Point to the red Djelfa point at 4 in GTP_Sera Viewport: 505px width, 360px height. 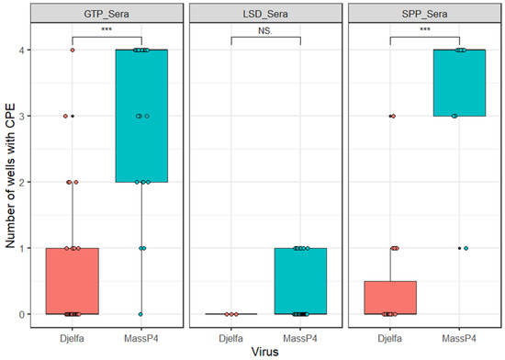pos(73,50)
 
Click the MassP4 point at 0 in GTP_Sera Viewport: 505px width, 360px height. pos(141,314)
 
